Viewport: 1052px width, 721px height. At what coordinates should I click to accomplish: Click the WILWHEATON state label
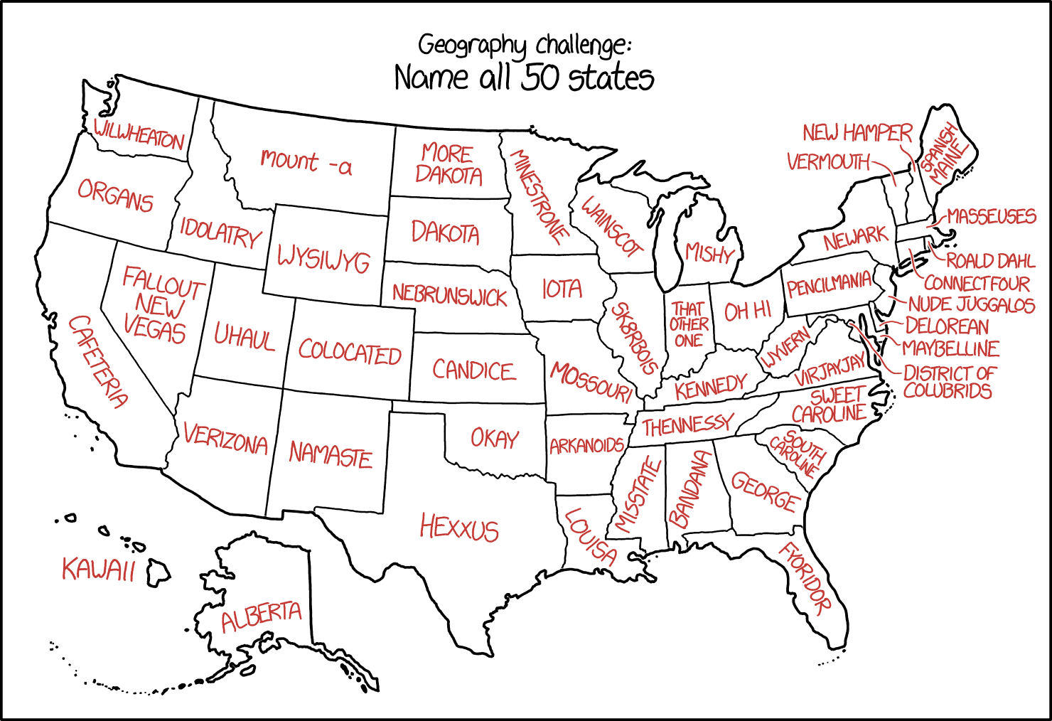point(139,134)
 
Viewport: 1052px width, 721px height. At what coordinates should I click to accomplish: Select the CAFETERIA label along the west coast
point(98,361)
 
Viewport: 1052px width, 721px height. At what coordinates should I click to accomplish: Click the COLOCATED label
point(350,351)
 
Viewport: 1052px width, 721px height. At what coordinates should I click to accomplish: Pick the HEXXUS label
point(459,528)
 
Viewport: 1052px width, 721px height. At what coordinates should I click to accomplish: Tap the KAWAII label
point(98,569)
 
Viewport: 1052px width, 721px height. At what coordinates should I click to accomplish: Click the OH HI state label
point(748,311)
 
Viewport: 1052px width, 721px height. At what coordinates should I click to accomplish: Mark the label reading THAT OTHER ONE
point(688,324)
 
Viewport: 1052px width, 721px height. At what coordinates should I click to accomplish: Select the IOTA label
point(562,289)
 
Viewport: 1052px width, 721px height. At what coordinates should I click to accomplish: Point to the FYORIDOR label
point(805,578)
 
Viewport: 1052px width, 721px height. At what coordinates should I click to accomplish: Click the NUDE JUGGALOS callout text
point(971,305)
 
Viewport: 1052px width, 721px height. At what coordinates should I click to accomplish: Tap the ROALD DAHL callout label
point(990,260)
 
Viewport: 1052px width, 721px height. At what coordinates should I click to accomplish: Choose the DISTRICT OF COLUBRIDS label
point(949,382)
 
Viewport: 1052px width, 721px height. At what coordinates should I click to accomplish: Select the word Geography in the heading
point(472,46)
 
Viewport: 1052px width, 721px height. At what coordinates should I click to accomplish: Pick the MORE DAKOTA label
point(448,164)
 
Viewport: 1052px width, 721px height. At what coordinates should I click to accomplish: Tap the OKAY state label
point(495,438)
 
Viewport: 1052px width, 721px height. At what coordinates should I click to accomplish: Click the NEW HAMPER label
point(857,133)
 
